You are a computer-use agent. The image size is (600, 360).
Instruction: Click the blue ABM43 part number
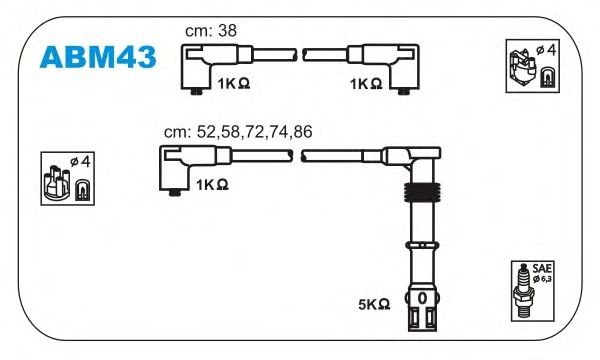pos(98,57)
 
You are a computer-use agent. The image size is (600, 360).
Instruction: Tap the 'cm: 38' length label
pos(211,31)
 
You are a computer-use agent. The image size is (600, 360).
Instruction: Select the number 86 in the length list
pos(303,132)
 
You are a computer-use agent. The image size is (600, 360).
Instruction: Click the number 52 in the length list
pos(206,132)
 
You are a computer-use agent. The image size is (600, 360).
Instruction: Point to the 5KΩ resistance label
pos(374,305)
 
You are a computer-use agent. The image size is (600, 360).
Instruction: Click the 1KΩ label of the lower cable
pos(212,185)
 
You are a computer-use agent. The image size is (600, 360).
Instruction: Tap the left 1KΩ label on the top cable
pos(234,84)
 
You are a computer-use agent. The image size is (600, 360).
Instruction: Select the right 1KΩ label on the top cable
pos(366,84)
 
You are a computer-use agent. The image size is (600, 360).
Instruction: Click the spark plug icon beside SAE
pos(523,291)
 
